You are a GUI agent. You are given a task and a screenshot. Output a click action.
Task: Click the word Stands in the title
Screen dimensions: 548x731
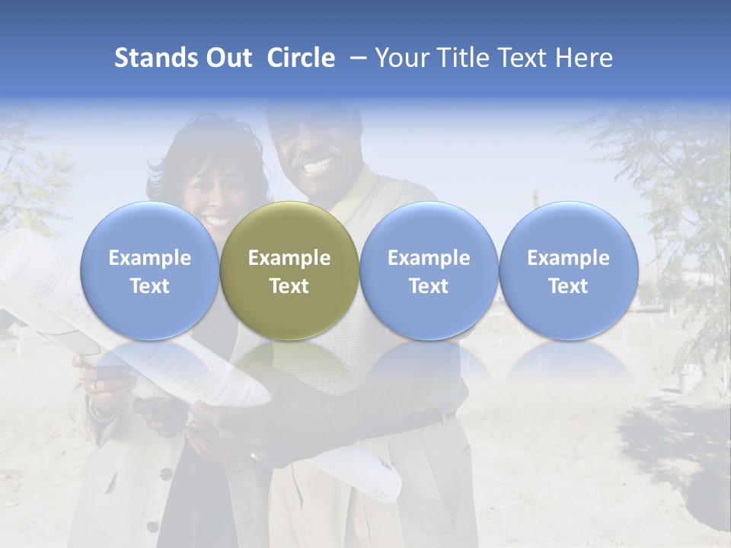(x=155, y=58)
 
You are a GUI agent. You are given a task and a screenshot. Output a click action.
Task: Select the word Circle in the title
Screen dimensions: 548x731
(x=301, y=58)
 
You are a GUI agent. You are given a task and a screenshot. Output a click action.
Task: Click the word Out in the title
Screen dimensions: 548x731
(x=229, y=58)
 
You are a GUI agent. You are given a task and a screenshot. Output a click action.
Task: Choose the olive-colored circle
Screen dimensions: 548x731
(x=289, y=271)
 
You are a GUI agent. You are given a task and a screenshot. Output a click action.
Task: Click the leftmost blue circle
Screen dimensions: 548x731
(x=149, y=271)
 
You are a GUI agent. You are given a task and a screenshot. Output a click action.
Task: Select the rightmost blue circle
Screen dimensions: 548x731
(x=568, y=271)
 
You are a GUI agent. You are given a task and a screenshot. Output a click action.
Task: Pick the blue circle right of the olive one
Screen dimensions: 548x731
(x=429, y=271)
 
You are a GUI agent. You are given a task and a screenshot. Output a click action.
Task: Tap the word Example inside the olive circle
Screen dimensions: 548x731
(x=289, y=258)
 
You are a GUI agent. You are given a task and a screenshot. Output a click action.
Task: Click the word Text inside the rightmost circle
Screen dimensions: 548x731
(x=568, y=286)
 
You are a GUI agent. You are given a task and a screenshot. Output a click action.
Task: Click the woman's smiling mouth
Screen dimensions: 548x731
(x=216, y=221)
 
